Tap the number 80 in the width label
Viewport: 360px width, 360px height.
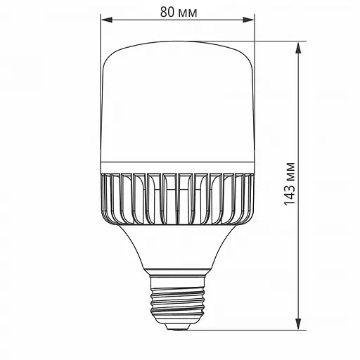167,13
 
